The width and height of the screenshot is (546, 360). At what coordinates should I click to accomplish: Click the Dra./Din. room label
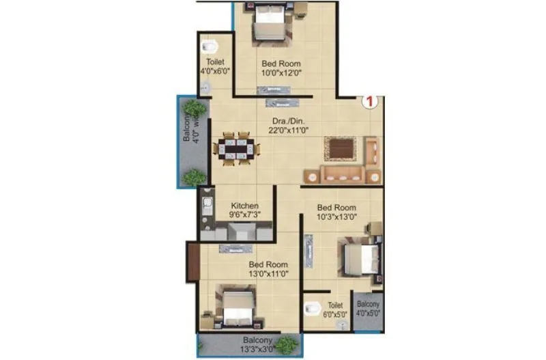click(283, 121)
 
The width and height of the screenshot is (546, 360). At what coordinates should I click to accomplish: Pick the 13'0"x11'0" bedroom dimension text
click(268, 275)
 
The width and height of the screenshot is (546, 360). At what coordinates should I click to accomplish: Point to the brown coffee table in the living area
click(340, 148)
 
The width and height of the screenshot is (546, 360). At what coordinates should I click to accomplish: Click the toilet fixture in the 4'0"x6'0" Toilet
click(210, 46)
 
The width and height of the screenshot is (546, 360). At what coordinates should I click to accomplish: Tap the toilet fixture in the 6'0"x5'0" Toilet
click(313, 309)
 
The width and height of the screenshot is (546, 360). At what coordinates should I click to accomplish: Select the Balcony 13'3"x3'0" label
click(257, 344)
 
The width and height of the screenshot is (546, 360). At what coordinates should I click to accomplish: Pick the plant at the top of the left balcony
click(195, 108)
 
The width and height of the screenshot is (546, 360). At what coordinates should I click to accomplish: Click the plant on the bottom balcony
click(287, 345)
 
